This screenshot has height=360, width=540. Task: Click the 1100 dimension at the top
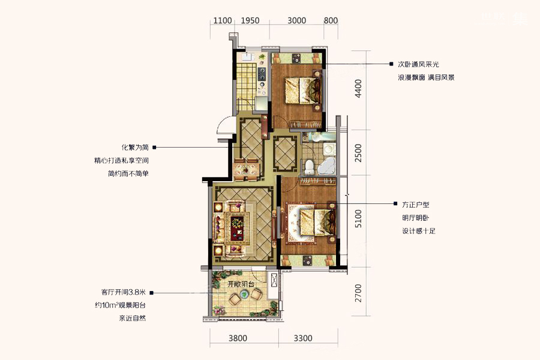(223, 20)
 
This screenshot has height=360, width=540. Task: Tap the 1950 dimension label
(250, 20)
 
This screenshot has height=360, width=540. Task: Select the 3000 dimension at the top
(296, 20)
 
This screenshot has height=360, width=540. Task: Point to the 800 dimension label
(331, 20)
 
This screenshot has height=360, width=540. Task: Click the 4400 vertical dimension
(358, 89)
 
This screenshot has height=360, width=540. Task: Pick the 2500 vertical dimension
(358, 153)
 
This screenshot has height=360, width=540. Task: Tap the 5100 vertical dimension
(358, 218)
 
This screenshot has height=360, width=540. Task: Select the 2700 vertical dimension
(358, 293)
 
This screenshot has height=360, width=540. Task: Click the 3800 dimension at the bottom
(238, 338)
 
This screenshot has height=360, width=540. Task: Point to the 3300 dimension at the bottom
(303, 338)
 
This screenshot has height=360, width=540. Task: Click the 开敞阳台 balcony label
(241, 284)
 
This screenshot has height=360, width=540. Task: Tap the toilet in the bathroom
(310, 167)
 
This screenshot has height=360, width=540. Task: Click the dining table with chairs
(246, 169)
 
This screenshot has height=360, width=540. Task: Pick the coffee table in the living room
(237, 226)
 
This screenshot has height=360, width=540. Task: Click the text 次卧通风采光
(418, 64)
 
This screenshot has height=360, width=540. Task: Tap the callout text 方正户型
(416, 205)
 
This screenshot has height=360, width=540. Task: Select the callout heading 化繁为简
(135, 148)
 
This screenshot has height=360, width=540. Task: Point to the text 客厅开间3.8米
(124, 292)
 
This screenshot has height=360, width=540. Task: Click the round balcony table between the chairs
(244, 294)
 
